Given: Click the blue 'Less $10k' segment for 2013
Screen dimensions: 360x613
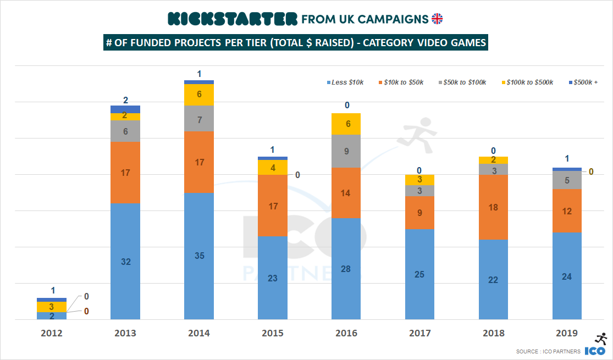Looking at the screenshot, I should pos(125,261).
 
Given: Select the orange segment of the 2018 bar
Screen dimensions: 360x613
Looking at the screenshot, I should pos(493,207).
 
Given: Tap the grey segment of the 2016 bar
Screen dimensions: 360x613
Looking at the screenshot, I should pos(346,151).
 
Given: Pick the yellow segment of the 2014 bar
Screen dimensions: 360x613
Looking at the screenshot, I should pos(199,95).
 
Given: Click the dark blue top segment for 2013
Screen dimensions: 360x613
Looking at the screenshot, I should pos(125,109).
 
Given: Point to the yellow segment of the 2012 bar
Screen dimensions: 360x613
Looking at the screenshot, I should pos(52,307).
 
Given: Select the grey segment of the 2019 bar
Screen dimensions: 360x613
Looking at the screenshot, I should pos(567,180).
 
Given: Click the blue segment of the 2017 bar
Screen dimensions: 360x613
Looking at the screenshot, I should pos(419,274).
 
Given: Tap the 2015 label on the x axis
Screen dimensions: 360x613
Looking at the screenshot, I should pos(272,333).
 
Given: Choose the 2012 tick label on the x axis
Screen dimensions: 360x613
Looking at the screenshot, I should pos(52,333).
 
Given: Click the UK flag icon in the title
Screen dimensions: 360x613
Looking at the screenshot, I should pos(437,19).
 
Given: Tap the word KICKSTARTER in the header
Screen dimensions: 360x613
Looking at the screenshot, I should pos(233,19).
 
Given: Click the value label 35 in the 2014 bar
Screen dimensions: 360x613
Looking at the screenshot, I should pos(199,255).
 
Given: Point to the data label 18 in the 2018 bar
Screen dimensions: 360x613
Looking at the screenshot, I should pos(493,207).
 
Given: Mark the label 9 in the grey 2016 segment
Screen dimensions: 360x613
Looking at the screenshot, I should pos(346,151).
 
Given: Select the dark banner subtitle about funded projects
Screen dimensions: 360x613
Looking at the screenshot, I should pos(296,43).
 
